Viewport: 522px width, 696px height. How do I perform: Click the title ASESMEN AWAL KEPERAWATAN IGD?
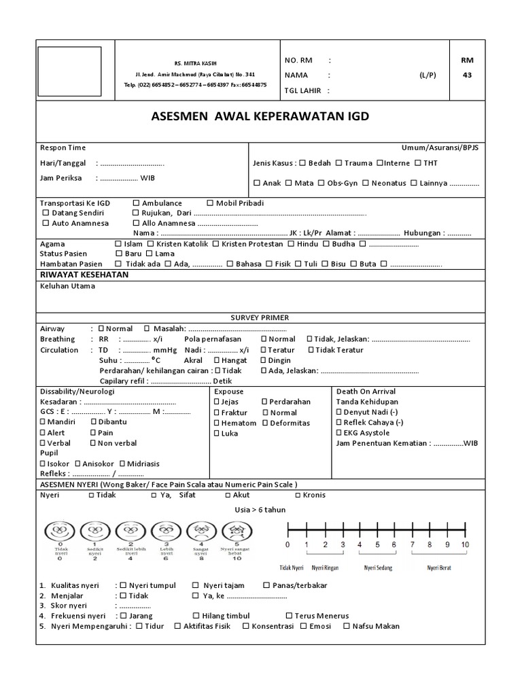[x=260, y=116]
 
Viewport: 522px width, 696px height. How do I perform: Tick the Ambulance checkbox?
[x=137, y=203]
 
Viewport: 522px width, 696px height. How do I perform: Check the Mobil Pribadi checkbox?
[x=210, y=203]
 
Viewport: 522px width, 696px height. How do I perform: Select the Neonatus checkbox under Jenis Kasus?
[x=366, y=183]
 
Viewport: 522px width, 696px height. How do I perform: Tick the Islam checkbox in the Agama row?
[x=120, y=243]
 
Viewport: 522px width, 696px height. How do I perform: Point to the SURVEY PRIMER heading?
[x=260, y=317]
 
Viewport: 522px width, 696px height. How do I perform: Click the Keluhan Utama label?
[x=67, y=286]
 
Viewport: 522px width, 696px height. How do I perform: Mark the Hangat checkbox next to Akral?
[x=217, y=360]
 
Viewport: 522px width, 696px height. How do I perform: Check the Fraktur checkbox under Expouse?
[x=217, y=413]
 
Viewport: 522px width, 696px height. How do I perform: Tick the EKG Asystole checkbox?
[x=339, y=433]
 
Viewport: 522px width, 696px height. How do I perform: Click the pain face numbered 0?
[x=60, y=530]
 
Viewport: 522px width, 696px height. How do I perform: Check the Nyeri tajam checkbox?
[x=196, y=585]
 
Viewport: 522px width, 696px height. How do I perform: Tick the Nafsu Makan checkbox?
[x=347, y=626]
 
